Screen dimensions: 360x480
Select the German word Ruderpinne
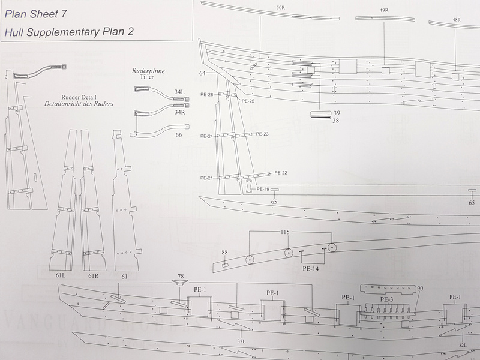click(x=148, y=70)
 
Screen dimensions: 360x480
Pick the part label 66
click(x=178, y=135)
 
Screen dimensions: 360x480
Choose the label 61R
click(x=92, y=276)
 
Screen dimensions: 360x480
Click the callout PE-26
click(x=207, y=95)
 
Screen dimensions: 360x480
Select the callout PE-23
click(x=262, y=134)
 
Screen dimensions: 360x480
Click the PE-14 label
click(x=310, y=269)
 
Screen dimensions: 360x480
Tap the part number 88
click(x=224, y=253)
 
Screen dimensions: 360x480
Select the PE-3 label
click(x=386, y=298)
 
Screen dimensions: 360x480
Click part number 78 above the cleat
click(x=179, y=277)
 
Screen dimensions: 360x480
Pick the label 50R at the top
click(x=280, y=8)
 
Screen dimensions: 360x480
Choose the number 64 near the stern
click(x=202, y=73)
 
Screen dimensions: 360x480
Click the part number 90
click(x=420, y=289)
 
